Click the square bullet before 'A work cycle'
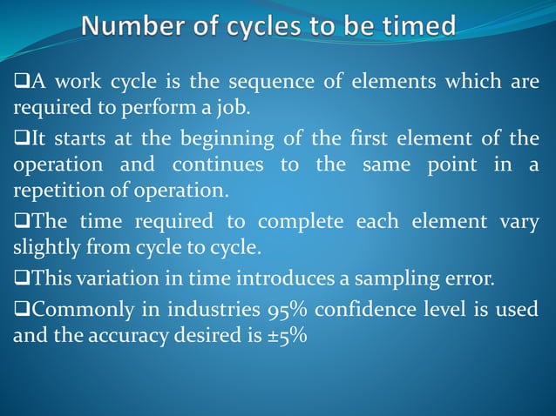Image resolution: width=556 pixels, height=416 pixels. tap(20, 84)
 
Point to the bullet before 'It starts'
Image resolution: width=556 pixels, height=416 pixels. tap(20, 138)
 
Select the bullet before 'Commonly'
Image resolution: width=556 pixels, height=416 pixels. tap(20, 309)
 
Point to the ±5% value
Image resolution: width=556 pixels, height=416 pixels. tap(282, 336)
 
